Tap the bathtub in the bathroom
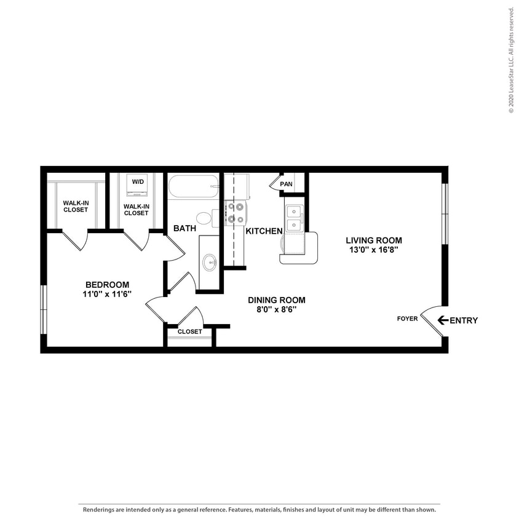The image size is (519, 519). [193, 186]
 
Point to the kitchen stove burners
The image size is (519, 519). [235, 213]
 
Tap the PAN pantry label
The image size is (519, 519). [286, 184]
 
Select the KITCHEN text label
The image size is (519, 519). [264, 231]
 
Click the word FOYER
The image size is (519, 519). [407, 319]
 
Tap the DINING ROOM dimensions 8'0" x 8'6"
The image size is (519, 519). [276, 310]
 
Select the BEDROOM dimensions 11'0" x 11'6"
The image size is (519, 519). [107, 295]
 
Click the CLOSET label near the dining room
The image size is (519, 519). [189, 331]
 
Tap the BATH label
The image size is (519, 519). [184, 228]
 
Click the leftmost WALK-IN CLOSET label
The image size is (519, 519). [76, 206]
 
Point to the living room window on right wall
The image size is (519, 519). [445, 213]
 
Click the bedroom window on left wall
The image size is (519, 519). [43, 309]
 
